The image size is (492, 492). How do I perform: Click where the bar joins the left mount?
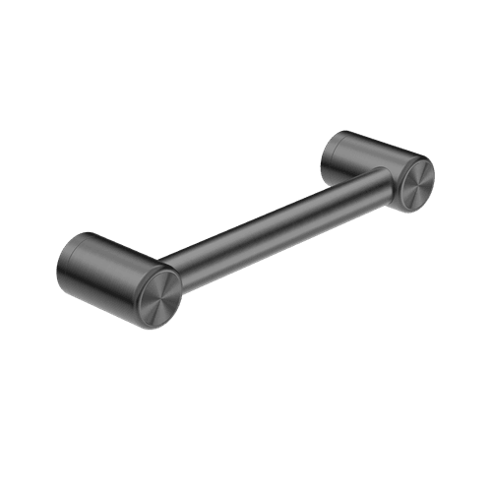169,264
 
